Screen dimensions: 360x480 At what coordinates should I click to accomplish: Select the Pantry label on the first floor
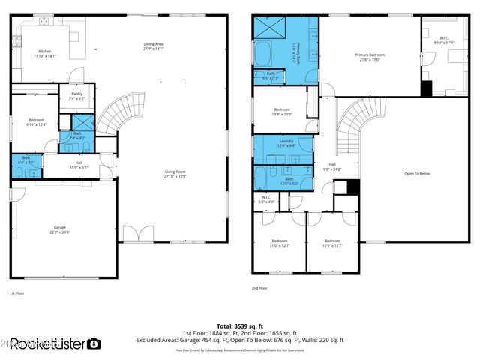(x=77, y=96)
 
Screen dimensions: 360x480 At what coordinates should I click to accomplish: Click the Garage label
(x=59, y=229)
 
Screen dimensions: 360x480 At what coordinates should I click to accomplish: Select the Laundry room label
(x=285, y=142)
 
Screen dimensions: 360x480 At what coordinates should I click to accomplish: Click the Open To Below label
(x=416, y=173)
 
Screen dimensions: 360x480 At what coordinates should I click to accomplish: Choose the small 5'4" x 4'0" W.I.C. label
(x=266, y=200)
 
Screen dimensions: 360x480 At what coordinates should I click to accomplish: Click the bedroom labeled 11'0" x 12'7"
(x=279, y=243)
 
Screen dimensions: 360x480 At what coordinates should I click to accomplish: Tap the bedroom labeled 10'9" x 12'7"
(x=331, y=243)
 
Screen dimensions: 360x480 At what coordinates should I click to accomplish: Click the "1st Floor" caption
(x=17, y=292)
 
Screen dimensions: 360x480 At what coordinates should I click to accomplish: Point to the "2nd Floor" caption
(x=260, y=287)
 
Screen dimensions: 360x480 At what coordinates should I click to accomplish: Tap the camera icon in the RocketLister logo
(x=94, y=344)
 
